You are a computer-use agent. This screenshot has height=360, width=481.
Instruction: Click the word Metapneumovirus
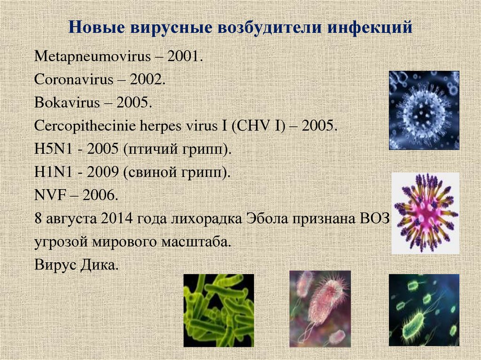pyautogui.click(x=93, y=57)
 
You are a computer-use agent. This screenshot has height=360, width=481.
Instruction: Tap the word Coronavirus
pyautogui.click(x=74, y=79)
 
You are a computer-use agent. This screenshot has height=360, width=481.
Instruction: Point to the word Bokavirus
pyautogui.click(x=67, y=102)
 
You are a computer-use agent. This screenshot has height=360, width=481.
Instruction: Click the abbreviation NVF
pyautogui.click(x=50, y=195)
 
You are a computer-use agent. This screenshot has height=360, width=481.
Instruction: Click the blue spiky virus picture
pyautogui.click(x=424, y=110)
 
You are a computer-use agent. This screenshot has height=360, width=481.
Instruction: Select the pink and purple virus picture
pyautogui.click(x=425, y=214)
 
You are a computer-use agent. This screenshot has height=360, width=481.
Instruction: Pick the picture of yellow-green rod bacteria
pyautogui.click(x=219, y=311)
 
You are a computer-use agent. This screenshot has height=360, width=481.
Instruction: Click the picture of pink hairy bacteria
pyautogui.click(x=320, y=309)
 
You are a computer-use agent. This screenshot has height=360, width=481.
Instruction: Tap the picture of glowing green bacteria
pyautogui.click(x=424, y=310)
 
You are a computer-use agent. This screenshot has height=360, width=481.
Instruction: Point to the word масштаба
pyautogui.click(x=196, y=242)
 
